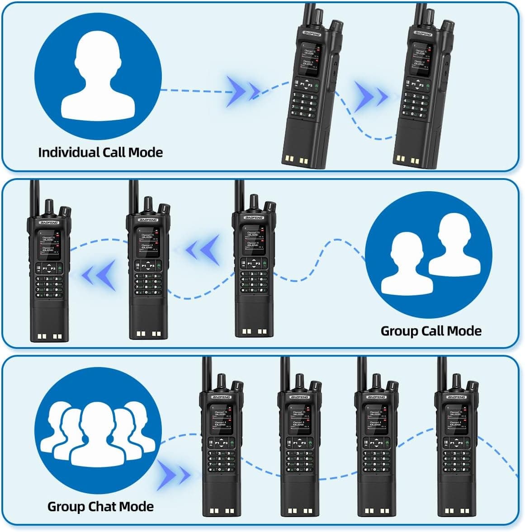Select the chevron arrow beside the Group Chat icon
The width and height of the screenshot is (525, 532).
pyautogui.click(x=173, y=476)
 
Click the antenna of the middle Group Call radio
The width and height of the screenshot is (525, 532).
pyautogui.click(x=134, y=197)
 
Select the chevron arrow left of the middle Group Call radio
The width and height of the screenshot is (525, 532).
pyautogui.click(x=98, y=276)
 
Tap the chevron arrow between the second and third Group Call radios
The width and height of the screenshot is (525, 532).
pyautogui.click(x=203, y=250)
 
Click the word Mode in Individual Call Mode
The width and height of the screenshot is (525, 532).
pyautogui.click(x=146, y=152)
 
